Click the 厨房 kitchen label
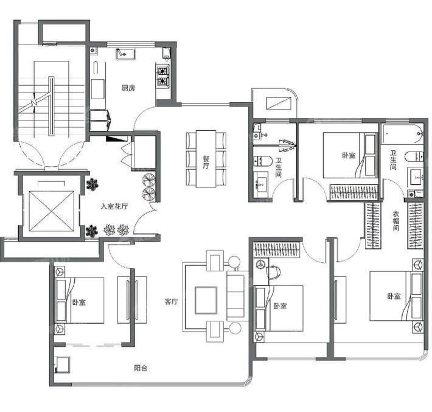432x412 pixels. click(x=128, y=88)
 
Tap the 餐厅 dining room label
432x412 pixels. click(x=206, y=162)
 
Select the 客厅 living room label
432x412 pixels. click(x=172, y=302)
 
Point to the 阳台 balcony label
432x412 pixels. click(x=141, y=368)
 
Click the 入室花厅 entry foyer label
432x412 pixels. click(x=114, y=206)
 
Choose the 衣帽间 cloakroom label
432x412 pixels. click(x=396, y=221)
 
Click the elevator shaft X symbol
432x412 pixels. click(x=52, y=211)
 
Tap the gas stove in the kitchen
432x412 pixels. click(x=163, y=76)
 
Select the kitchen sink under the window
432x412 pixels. click(x=125, y=54)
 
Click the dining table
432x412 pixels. click(x=206, y=159)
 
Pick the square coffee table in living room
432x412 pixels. click(x=206, y=300)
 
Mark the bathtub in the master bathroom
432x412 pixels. click(x=403, y=134)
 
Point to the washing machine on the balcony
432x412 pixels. click(x=62, y=365)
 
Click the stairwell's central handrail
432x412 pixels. click(x=51, y=106)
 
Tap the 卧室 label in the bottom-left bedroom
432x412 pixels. click(x=79, y=302)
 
